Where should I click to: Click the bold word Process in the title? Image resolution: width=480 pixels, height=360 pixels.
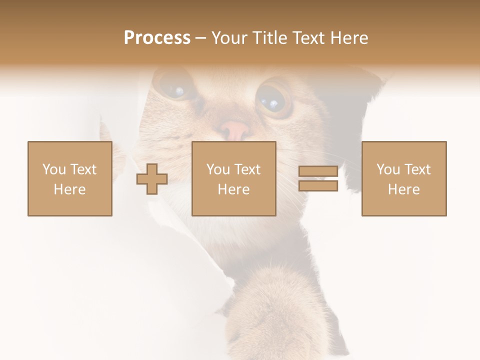[157, 38]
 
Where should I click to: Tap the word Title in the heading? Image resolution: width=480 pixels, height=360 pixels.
[270, 38]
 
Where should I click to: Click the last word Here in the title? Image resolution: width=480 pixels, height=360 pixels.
[349, 38]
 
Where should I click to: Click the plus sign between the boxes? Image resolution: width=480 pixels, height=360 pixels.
[152, 179]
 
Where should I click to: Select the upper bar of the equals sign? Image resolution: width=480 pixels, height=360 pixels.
[318, 171]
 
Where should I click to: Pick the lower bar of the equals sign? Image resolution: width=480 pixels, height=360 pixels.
[318, 185]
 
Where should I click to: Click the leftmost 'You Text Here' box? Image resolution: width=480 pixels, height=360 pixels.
[70, 178]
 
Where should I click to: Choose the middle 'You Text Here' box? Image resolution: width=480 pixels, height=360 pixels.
[233, 178]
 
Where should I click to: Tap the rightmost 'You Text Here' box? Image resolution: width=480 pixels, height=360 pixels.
[404, 178]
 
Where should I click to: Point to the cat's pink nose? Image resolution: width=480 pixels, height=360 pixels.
[235, 130]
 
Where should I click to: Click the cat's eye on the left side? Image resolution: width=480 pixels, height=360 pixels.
[175, 87]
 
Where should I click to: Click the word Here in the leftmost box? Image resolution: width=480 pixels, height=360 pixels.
[70, 189]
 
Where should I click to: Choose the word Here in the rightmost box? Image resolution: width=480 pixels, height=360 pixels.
[404, 189]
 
